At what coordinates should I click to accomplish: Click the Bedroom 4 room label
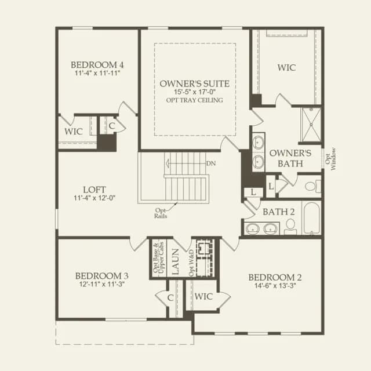click(97, 65)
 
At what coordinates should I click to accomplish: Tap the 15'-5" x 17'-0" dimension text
click(195, 92)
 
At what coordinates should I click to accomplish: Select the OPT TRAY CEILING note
click(195, 100)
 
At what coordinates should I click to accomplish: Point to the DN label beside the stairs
click(211, 163)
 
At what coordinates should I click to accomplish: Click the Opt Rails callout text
click(161, 213)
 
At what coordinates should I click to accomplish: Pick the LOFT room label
click(94, 190)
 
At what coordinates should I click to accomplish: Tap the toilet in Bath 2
click(290, 227)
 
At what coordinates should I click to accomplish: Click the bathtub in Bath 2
click(312, 218)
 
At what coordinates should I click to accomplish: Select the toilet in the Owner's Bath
click(313, 186)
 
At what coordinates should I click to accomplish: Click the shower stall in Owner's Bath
click(311, 125)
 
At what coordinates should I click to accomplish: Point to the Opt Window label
click(330, 159)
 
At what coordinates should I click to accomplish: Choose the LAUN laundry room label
click(175, 261)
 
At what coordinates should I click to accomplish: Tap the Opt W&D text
click(191, 263)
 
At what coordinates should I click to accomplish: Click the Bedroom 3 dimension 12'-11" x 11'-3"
click(102, 284)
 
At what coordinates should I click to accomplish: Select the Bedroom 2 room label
click(275, 277)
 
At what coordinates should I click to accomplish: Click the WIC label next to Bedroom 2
click(203, 296)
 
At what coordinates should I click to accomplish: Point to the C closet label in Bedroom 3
click(170, 298)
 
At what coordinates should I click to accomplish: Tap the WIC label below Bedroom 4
click(74, 132)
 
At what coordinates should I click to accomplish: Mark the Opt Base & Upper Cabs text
click(158, 257)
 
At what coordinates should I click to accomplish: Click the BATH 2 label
click(279, 212)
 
